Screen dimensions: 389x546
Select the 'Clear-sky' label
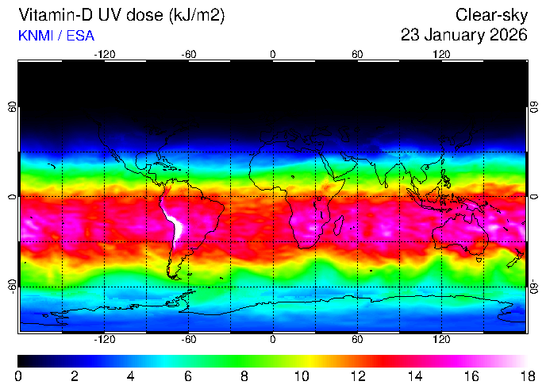492,15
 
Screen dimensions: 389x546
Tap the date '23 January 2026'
464,35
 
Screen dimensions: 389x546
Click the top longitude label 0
273,54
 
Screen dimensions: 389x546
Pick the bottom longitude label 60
357,339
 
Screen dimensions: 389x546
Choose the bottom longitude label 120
441,339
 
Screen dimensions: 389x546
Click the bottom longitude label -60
189,339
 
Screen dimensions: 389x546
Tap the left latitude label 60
12,107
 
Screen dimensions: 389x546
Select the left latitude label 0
12,196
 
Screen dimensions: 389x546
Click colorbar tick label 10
301,376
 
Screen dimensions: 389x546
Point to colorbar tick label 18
526,376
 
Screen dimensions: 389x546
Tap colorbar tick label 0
18,376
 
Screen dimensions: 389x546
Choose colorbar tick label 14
413,376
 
